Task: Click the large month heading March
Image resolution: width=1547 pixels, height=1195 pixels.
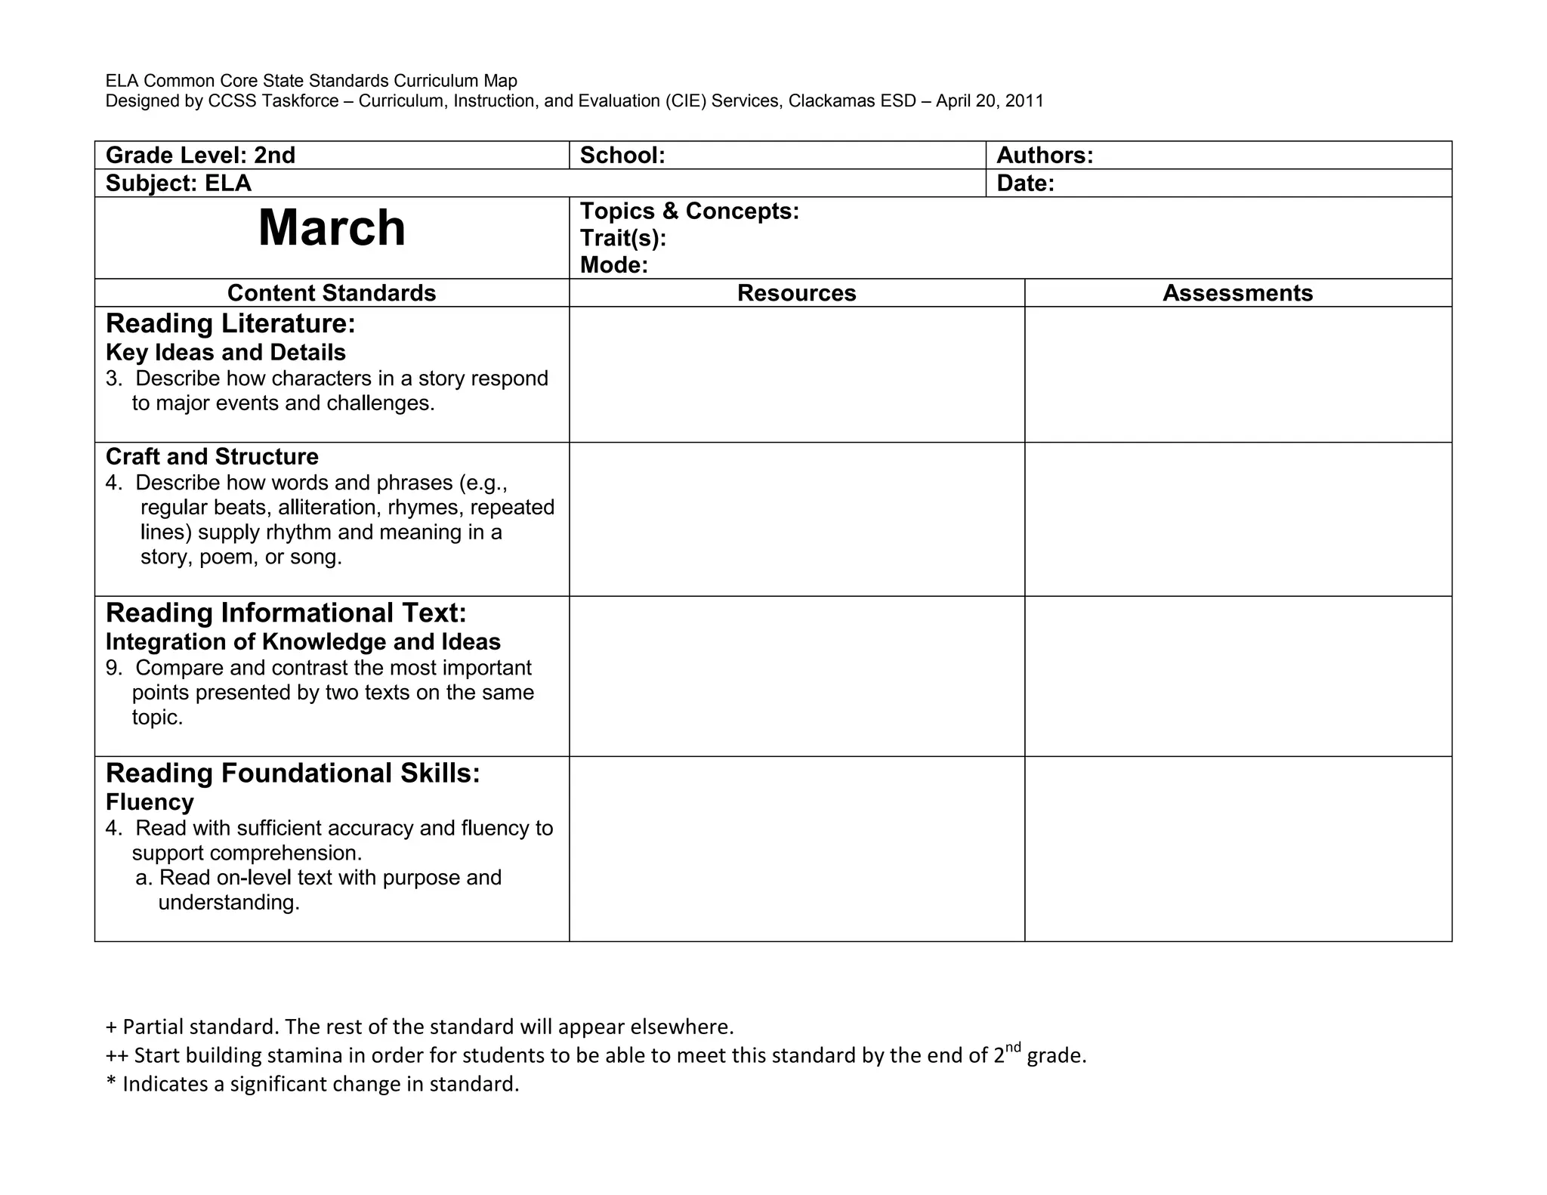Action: pyautogui.click(x=332, y=227)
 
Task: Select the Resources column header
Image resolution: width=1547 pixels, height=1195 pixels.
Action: pyautogui.click(x=796, y=293)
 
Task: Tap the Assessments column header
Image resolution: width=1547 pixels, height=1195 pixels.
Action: pyautogui.click(x=1237, y=293)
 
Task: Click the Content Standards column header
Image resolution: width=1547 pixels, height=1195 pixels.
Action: pyautogui.click(x=332, y=293)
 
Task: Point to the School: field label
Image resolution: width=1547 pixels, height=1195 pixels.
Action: pyautogui.click(x=622, y=156)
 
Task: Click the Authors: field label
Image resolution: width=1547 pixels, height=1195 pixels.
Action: pyautogui.click(x=1045, y=156)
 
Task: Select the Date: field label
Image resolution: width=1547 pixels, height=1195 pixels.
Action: pyautogui.click(x=1025, y=184)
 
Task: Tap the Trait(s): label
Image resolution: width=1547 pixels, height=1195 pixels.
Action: pyautogui.click(x=623, y=238)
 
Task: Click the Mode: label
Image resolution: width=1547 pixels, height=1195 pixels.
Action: pyautogui.click(x=614, y=265)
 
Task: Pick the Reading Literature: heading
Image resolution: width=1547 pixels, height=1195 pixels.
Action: pyautogui.click(x=230, y=324)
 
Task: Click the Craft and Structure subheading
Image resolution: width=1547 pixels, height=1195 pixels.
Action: pyautogui.click(x=212, y=457)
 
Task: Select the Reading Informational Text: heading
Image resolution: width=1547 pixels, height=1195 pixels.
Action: pyautogui.click(x=286, y=613)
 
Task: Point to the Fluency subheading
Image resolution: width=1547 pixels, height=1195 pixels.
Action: pyautogui.click(x=150, y=802)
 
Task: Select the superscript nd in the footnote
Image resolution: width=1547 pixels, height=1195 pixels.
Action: pyautogui.click(x=1014, y=1047)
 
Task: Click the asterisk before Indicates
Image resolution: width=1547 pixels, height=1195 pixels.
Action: pyautogui.click(x=112, y=1083)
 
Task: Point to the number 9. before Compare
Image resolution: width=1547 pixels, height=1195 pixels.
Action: pyautogui.click(x=114, y=669)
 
